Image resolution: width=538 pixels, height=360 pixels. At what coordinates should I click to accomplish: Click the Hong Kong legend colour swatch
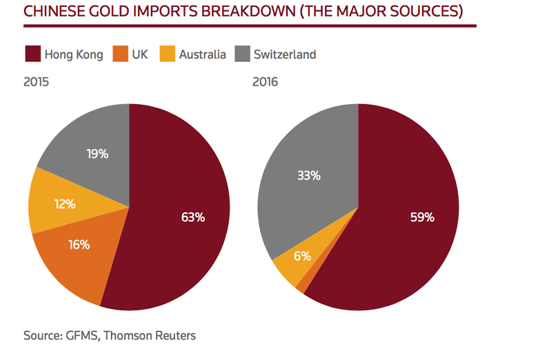pyautogui.click(x=32, y=54)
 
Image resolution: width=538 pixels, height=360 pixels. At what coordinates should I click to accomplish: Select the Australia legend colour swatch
pyautogui.click(x=166, y=54)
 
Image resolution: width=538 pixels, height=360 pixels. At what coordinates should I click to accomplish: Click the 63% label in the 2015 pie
pyautogui.click(x=192, y=217)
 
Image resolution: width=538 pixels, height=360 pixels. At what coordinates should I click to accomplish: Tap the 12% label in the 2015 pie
pyautogui.click(x=63, y=204)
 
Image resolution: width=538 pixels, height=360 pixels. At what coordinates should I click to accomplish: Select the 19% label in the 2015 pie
pyautogui.click(x=97, y=154)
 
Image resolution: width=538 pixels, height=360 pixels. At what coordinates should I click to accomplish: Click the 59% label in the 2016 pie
pyautogui.click(x=421, y=217)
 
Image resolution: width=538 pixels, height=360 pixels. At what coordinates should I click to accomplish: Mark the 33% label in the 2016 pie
pyautogui.click(x=308, y=175)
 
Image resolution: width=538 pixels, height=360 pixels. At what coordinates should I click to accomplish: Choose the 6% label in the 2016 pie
pyautogui.click(x=302, y=256)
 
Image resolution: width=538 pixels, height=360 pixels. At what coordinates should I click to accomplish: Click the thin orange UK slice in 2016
pyautogui.click(x=302, y=285)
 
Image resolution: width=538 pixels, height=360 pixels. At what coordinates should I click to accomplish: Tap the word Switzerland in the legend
pyautogui.click(x=285, y=54)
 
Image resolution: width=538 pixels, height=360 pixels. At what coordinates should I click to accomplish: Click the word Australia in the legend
pyautogui.click(x=202, y=54)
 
